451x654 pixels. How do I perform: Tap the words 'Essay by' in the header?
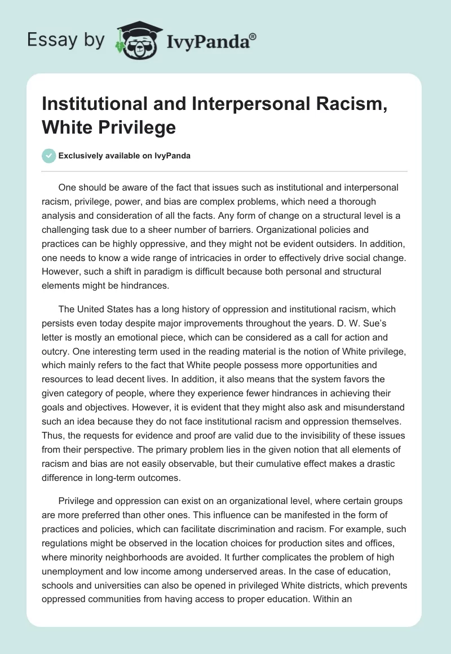tap(67, 40)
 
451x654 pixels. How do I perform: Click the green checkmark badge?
tap(49, 156)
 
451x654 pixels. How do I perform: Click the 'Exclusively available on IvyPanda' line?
tap(125, 156)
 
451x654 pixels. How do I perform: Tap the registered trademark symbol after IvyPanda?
tap(253, 35)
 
